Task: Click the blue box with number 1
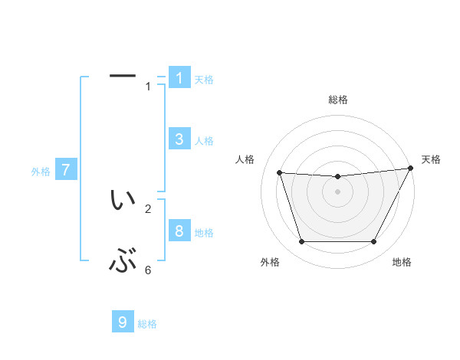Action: (179, 77)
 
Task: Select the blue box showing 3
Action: (179, 139)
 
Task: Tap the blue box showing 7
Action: (65, 170)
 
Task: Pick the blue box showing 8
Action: (179, 231)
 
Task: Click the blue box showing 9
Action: (123, 322)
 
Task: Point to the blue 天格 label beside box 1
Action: (203, 80)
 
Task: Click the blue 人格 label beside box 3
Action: (203, 141)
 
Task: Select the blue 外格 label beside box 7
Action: (41, 172)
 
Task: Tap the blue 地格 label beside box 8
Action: (203, 233)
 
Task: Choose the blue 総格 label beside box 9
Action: (147, 325)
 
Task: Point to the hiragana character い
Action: (123, 201)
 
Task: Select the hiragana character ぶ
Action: (123, 263)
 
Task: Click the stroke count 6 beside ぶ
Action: (148, 270)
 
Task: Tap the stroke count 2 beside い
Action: (148, 208)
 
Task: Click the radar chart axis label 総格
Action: (337, 100)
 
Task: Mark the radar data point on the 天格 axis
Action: (411, 169)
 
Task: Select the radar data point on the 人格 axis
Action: (279, 173)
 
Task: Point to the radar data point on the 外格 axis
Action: (301, 242)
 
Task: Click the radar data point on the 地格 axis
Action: (373, 242)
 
